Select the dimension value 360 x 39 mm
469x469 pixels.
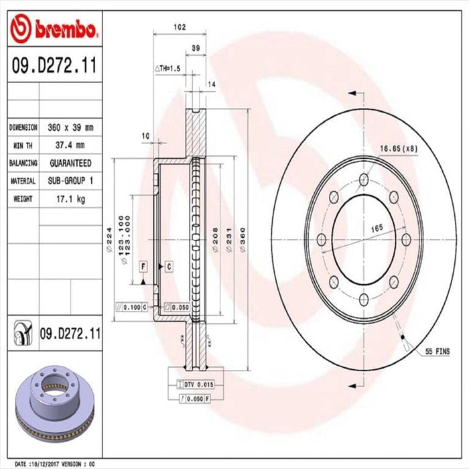click(70, 127)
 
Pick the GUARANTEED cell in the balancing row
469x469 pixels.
click(70, 163)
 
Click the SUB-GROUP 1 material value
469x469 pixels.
click(70, 181)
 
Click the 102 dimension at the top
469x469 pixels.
click(179, 27)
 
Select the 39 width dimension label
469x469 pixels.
click(196, 48)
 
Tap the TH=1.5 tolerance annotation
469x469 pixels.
click(168, 68)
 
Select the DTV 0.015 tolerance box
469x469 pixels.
click(197, 384)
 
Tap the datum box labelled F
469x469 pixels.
click(143, 267)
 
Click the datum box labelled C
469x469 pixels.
click(169, 267)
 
